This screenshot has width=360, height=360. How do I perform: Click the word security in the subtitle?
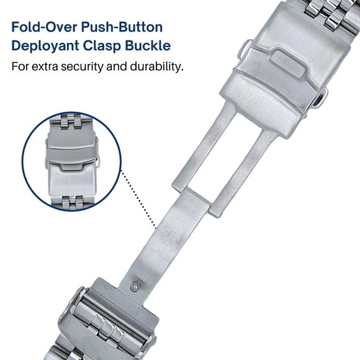[x=89, y=66]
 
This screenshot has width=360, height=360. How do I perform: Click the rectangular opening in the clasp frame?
[x=202, y=164]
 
